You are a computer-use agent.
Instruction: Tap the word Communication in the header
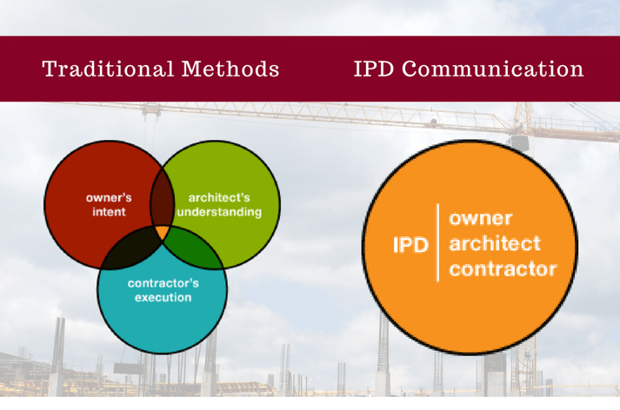pos(500,69)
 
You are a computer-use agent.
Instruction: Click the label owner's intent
pos(109,204)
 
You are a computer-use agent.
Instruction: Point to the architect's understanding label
pos(219,204)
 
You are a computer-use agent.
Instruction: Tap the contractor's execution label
pos(163,290)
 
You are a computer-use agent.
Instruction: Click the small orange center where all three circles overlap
pos(162,233)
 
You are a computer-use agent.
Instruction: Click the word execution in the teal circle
pos(163,298)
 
